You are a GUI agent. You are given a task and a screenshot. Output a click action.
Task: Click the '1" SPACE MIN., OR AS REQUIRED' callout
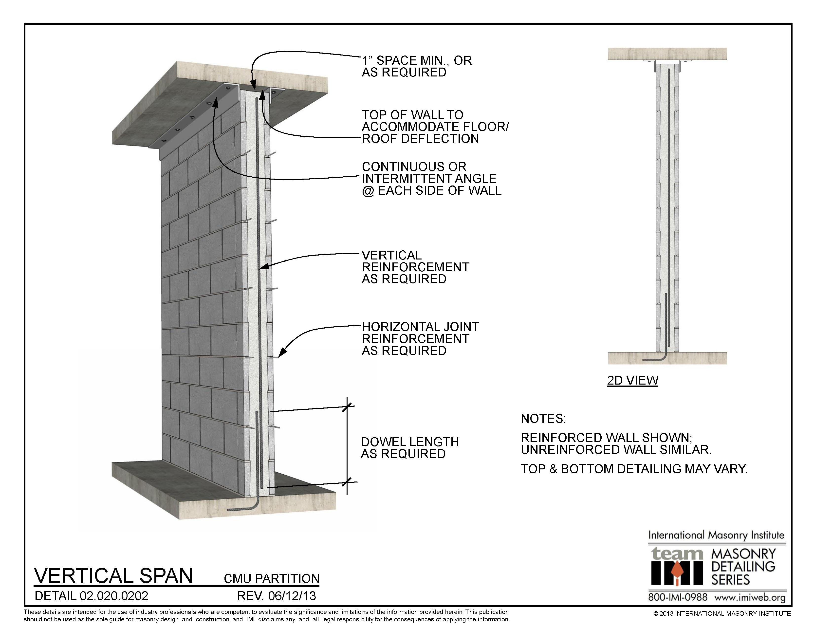(416, 66)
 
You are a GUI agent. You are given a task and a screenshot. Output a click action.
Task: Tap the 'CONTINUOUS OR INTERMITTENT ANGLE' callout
(431, 179)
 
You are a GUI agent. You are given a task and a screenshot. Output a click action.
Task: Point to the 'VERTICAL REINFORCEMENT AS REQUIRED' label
(415, 267)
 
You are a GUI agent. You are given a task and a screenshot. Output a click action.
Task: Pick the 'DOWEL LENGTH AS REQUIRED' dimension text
(410, 447)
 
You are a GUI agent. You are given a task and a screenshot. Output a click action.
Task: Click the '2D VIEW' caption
(632, 380)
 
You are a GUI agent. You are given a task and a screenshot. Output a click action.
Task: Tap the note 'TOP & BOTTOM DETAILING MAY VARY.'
(634, 468)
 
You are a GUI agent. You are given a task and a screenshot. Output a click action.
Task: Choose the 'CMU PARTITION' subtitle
(271, 578)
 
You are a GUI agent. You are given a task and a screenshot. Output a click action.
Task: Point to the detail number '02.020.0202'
(114, 596)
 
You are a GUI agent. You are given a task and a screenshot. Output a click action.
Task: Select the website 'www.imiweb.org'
(750, 597)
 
